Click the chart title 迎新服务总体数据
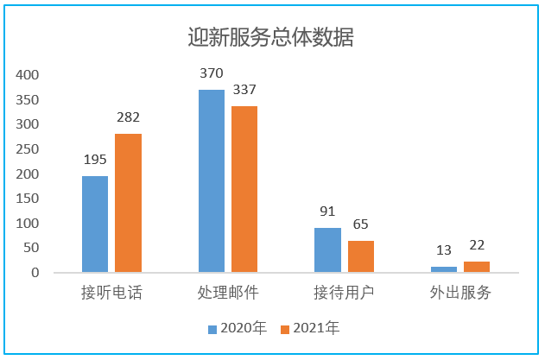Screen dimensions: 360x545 [271, 37]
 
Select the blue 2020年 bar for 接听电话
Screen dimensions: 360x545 [95, 224]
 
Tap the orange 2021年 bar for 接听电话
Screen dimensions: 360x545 [128, 203]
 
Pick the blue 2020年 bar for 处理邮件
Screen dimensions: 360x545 [212, 181]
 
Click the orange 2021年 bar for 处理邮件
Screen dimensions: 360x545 [244, 189]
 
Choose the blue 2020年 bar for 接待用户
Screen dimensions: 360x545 [328, 250]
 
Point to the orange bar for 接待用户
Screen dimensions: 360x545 [361, 256]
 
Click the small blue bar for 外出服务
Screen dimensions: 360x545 [444, 269]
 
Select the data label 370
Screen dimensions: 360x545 [212, 73]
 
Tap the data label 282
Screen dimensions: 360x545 [128, 117]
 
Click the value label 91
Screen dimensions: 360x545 [328, 212]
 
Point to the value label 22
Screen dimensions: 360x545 [477, 245]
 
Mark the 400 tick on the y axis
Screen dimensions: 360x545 [29, 75]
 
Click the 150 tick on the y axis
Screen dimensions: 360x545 [29, 199]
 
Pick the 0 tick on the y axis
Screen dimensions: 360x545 [35, 273]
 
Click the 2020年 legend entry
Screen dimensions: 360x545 [238, 328]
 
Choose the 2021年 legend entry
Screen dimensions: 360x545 [312, 328]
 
